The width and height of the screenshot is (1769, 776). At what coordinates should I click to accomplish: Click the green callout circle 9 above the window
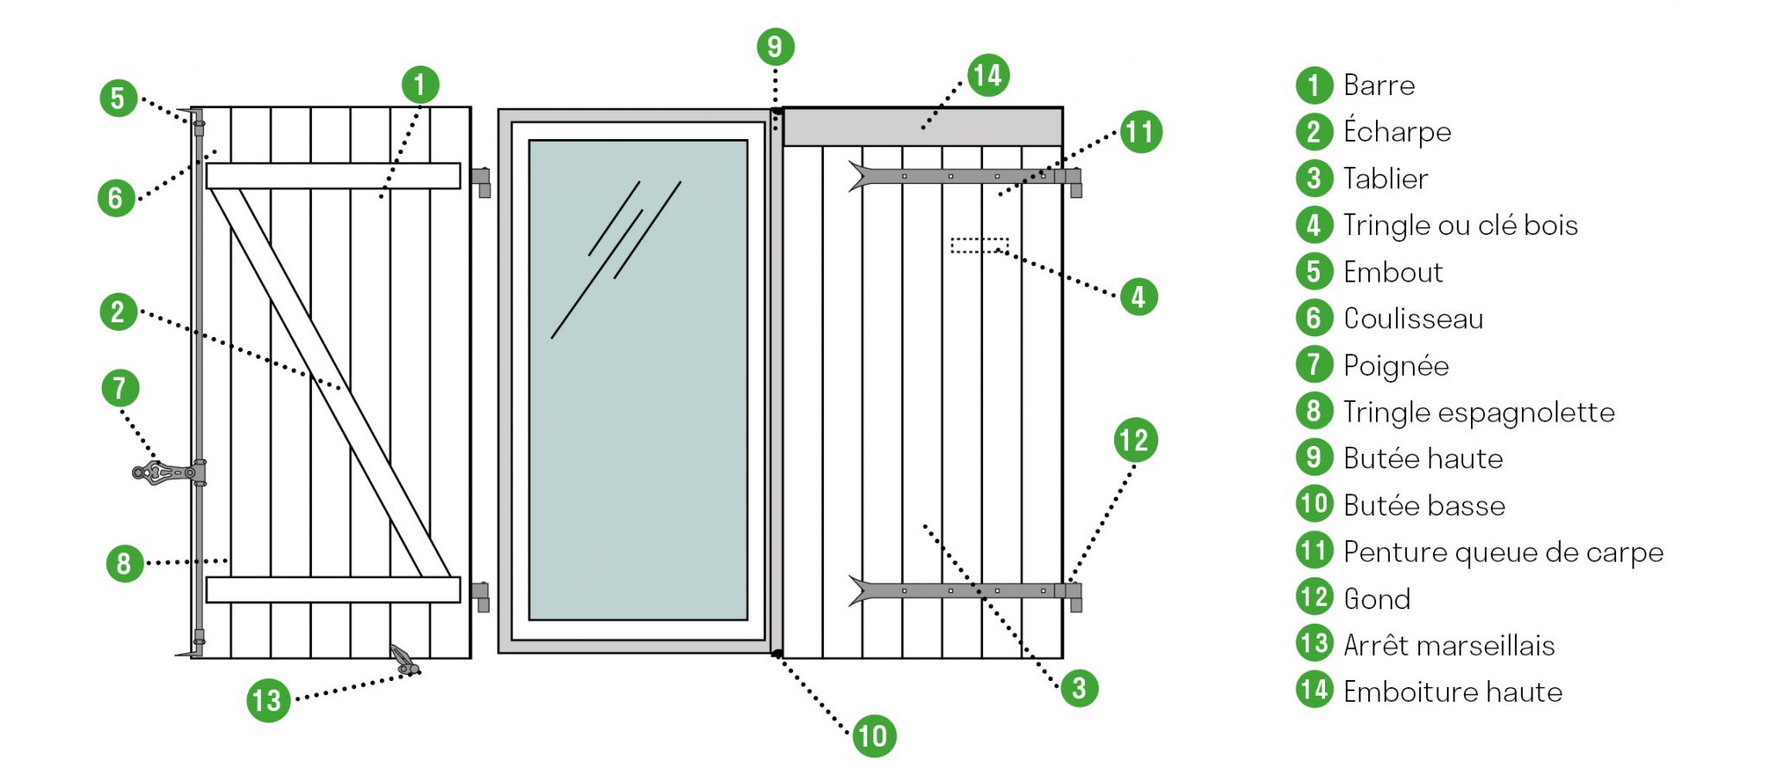775,47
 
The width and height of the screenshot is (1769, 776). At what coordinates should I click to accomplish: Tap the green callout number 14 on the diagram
987,76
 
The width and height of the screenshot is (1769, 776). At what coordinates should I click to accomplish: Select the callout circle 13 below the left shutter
268,700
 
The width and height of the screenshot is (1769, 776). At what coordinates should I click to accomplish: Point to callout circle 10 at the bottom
873,736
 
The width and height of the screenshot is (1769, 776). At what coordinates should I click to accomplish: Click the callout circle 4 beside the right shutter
1138,297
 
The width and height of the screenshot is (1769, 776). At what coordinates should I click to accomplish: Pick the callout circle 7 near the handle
120,388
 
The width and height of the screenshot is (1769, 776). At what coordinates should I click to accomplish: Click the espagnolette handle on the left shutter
166,473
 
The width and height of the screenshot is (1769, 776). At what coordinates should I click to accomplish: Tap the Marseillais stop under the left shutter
403,659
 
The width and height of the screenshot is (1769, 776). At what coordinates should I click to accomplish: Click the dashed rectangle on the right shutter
979,245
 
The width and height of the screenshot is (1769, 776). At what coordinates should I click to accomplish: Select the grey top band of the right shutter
923,127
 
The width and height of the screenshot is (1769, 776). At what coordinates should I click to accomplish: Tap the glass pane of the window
637,380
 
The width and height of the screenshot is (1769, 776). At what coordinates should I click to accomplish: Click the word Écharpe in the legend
1397,132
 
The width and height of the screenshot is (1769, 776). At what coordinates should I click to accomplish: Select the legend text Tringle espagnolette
1479,412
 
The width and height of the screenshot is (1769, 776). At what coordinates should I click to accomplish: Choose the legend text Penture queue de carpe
1503,552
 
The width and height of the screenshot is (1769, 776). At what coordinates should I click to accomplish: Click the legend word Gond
1377,599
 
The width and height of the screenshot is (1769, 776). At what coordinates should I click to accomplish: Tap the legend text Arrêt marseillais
1449,646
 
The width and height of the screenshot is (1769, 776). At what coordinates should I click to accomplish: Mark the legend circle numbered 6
1314,318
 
